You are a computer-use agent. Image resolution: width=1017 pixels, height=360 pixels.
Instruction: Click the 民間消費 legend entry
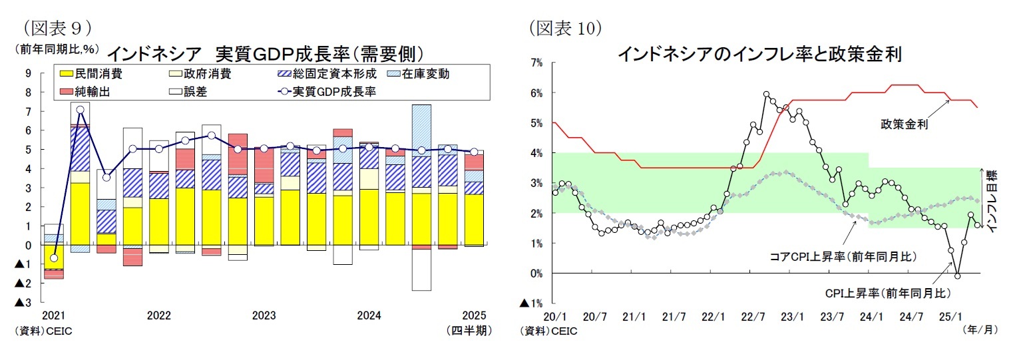[91, 74]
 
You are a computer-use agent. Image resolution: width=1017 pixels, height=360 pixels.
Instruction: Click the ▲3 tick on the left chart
[23, 303]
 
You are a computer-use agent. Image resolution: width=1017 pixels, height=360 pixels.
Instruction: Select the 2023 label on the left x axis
[264, 315]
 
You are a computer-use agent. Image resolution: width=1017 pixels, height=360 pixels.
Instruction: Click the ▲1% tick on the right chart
[533, 303]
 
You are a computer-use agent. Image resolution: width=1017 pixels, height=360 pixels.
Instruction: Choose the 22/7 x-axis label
[752, 315]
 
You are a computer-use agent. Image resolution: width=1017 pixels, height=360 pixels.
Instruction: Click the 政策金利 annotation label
[904, 124]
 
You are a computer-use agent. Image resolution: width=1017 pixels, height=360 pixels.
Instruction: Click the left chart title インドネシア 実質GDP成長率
[265, 53]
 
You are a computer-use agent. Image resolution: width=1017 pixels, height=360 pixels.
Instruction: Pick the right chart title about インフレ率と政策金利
[759, 53]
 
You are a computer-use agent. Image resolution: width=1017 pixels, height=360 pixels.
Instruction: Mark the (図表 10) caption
[566, 27]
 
